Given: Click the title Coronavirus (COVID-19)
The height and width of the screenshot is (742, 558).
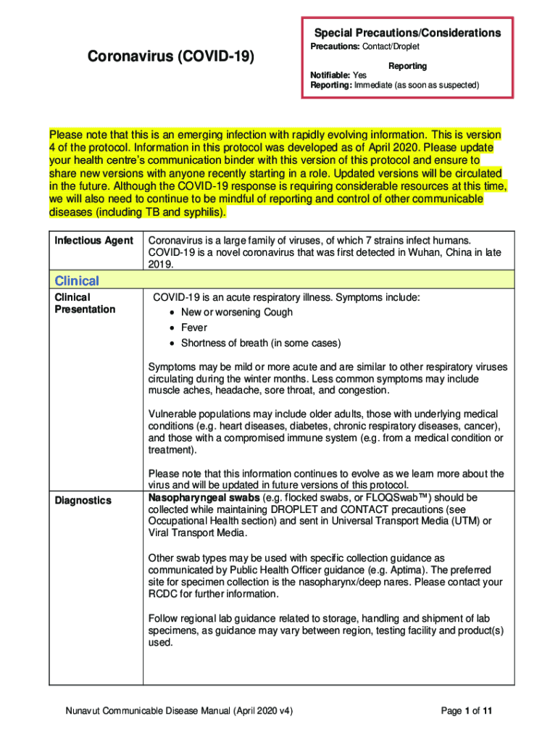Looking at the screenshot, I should pos(170,56).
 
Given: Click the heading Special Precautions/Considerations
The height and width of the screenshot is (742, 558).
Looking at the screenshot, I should pos(407,33).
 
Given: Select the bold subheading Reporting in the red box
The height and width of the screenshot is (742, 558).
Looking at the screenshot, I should pos(407,66).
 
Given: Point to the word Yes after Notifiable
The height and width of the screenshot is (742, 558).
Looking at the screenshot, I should pos(360,75).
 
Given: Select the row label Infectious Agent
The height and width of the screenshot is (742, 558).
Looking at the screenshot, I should pos(93,241).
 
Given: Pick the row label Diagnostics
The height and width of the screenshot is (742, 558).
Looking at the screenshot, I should pos(83,501).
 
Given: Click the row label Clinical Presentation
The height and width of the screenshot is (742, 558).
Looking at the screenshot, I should pos(84,304).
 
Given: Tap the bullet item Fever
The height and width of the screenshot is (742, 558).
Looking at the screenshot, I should pos(194,328).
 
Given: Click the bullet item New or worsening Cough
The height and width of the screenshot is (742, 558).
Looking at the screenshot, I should pos(237,312).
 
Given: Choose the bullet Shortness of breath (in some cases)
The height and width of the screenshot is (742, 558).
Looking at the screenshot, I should pos(261,343).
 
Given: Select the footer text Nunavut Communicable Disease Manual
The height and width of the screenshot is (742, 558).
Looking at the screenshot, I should pos(151,712).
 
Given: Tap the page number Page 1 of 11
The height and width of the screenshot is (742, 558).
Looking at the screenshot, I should pos(467,712).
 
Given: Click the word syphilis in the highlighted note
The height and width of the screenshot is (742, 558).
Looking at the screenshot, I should pos(201,212).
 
